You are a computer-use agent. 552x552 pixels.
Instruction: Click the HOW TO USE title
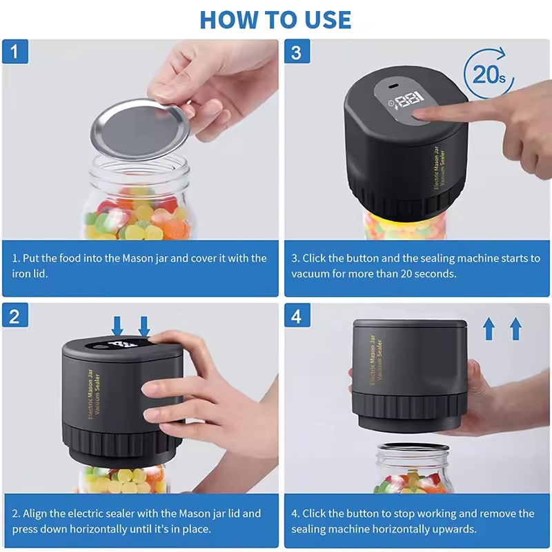(x=275, y=20)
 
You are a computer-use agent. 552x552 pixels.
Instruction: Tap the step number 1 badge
(x=15, y=52)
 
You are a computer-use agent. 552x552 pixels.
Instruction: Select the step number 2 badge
(x=15, y=316)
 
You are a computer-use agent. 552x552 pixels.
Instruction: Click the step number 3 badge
(x=297, y=52)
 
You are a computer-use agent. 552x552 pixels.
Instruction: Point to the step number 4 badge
(x=297, y=316)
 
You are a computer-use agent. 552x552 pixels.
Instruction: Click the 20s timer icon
(x=489, y=73)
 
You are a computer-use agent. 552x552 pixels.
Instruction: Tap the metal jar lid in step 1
(x=140, y=129)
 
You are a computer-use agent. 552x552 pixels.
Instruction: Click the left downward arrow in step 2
(x=117, y=326)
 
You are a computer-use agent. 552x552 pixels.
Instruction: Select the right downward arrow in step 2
(x=144, y=326)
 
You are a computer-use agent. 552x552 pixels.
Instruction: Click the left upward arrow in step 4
(x=489, y=328)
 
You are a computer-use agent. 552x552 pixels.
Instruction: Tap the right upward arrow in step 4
(x=515, y=328)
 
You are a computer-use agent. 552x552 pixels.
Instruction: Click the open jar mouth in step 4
(x=413, y=448)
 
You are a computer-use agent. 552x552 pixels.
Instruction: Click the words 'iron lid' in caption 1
(x=29, y=273)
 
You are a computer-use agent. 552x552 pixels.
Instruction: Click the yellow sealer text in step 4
(x=376, y=359)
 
